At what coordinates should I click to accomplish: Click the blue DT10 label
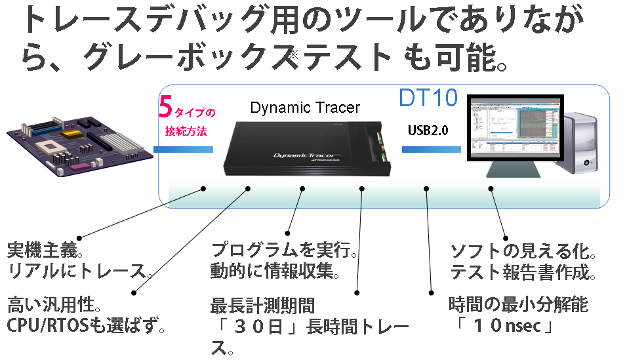pyautogui.click(x=428, y=98)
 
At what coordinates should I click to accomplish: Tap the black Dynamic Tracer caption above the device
pyautogui.click(x=306, y=108)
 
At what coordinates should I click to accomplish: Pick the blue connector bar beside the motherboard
pyautogui.click(x=184, y=150)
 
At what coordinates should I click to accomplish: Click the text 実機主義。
pyautogui.click(x=45, y=250)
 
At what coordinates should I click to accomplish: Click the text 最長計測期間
pyautogui.click(x=262, y=306)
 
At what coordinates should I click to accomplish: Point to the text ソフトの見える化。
pyautogui.click(x=523, y=251)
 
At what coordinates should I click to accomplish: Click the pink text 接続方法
pyautogui.click(x=186, y=130)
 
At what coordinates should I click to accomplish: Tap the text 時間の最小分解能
pyautogui.click(x=518, y=304)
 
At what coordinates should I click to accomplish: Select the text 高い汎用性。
pyautogui.click(x=54, y=304)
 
